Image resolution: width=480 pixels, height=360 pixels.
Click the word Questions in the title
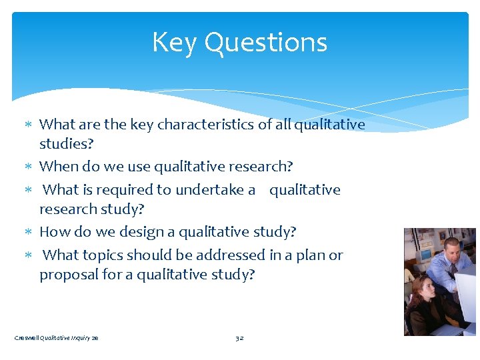[x=265, y=43]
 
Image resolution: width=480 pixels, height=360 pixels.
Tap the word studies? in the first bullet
[x=66, y=144]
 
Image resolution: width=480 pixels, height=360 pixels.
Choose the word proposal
[x=67, y=275]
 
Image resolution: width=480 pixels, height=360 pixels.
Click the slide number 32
[x=239, y=338]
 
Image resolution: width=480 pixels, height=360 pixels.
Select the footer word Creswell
[x=26, y=338]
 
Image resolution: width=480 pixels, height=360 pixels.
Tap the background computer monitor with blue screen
[x=425, y=255]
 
